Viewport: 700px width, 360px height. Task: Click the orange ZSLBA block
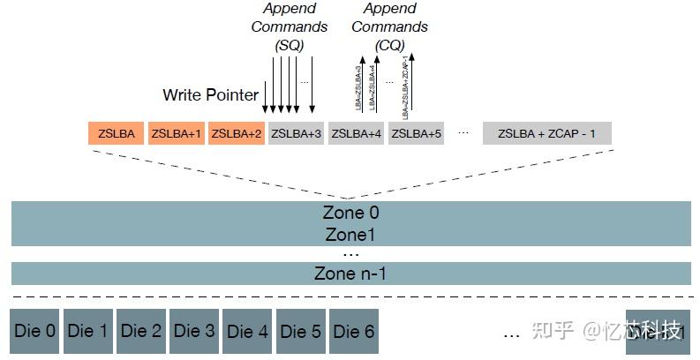(117, 133)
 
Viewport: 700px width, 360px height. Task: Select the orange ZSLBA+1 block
(177, 133)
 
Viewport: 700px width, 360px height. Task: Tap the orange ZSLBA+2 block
(237, 133)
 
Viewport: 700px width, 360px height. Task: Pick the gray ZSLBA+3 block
(296, 133)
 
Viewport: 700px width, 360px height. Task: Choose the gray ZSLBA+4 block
(356, 133)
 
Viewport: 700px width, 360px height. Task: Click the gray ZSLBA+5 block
(416, 133)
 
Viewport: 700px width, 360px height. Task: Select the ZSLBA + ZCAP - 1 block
(547, 133)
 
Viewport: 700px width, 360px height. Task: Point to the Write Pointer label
(211, 94)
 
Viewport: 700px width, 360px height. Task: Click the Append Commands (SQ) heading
(289, 26)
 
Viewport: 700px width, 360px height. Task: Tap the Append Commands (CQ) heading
(389, 26)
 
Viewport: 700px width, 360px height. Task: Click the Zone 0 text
(350, 214)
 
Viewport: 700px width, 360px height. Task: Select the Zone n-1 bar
(350, 274)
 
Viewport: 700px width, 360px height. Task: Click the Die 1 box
(88, 332)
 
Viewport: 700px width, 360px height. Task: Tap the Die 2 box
(141, 332)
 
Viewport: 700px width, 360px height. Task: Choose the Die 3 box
(194, 332)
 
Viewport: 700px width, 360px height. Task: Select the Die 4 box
(247, 332)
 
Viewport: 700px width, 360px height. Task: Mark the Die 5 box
(301, 332)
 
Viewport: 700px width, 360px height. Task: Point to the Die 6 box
(354, 332)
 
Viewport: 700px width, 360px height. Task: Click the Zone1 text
(350, 235)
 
